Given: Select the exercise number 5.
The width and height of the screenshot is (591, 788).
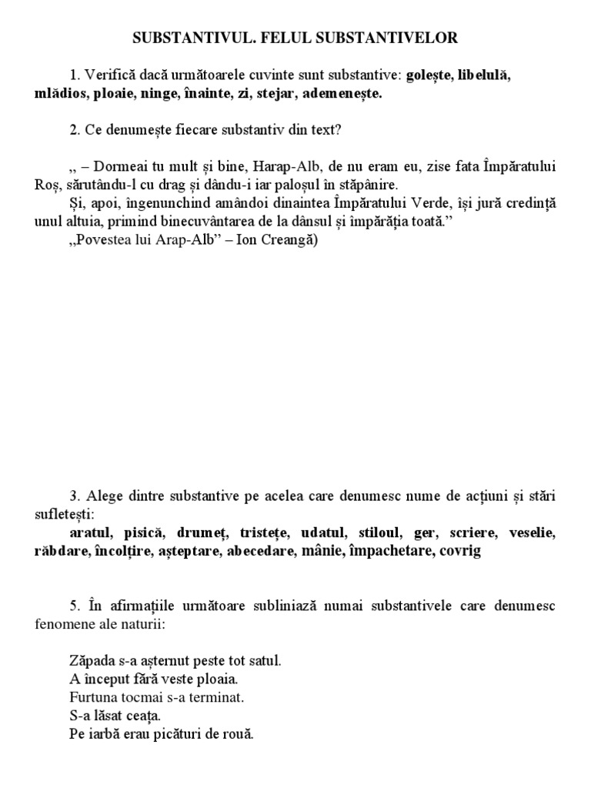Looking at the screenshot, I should tap(72, 606).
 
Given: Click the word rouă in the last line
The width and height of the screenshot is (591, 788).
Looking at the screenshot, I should tap(237, 734).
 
